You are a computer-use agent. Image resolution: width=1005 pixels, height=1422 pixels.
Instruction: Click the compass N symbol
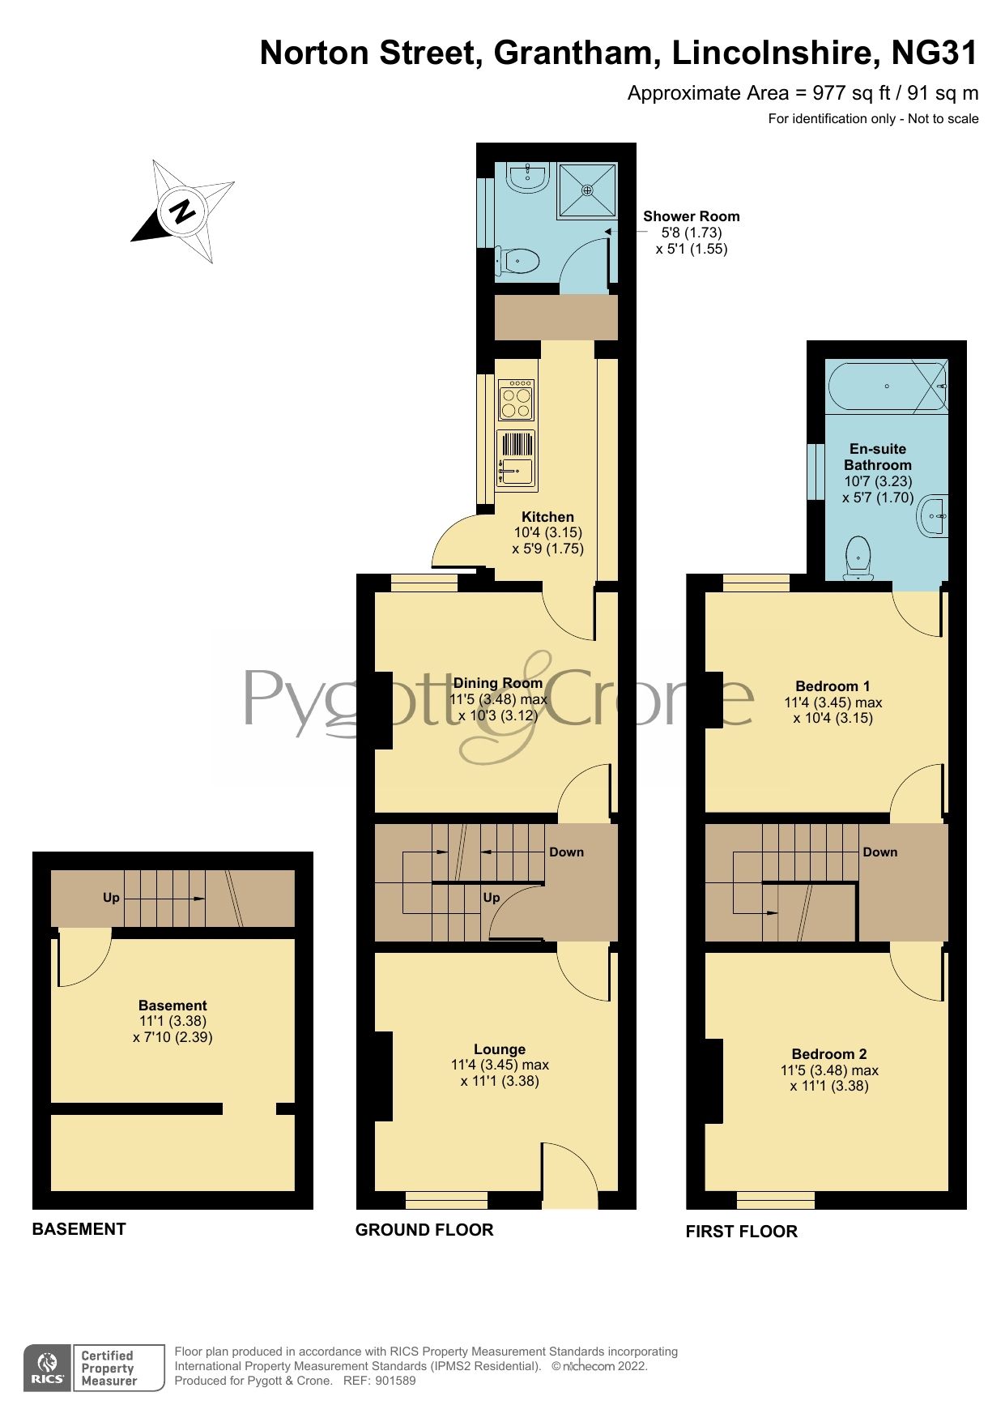[x=184, y=211]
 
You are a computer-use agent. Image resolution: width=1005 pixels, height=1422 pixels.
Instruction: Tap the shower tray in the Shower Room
[x=587, y=190]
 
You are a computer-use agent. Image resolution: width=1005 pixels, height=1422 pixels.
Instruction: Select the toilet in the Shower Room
[x=518, y=261]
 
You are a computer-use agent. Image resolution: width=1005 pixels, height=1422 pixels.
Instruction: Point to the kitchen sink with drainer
[x=516, y=459]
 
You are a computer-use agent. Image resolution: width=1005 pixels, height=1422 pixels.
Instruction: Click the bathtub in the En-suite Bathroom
[x=886, y=386]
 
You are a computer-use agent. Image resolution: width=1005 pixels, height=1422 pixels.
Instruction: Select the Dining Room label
[x=497, y=683]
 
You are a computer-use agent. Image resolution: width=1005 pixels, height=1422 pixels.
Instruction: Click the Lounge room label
[x=500, y=1049]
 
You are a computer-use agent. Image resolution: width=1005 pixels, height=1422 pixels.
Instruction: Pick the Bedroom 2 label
[x=829, y=1054]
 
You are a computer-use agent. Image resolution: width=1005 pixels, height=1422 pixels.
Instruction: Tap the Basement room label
[x=172, y=1006]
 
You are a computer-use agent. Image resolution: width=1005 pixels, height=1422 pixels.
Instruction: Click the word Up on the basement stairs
[x=111, y=898]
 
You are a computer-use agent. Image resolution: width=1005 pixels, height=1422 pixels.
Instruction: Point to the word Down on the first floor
[x=880, y=852]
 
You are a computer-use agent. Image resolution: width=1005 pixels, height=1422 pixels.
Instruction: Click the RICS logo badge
[x=47, y=1369]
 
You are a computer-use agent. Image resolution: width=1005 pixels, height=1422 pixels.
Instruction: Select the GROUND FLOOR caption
[x=424, y=1230]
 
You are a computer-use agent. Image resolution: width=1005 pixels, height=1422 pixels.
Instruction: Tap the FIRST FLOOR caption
[x=741, y=1232]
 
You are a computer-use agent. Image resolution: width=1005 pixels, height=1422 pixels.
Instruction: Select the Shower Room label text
[x=691, y=216]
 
